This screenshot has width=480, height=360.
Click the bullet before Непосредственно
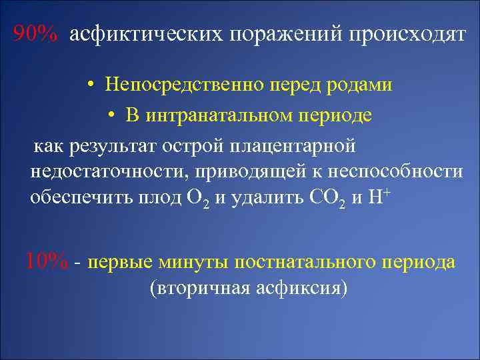click(89, 86)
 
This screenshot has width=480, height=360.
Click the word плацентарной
click(297, 145)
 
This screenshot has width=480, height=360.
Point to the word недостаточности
click(107, 171)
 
